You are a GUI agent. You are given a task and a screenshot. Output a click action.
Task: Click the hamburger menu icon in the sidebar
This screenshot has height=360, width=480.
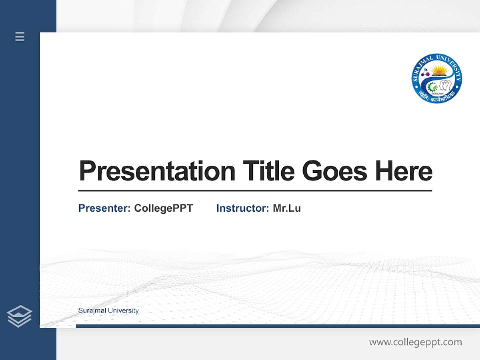coord(20,36)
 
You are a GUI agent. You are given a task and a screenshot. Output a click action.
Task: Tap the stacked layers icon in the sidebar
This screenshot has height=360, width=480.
coord(19,316)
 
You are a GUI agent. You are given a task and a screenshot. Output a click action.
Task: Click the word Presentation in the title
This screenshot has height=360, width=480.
coord(157,171)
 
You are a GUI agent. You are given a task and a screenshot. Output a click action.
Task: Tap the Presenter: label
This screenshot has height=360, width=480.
coord(104,208)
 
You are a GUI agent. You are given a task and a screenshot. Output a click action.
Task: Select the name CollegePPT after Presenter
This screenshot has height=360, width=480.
coord(163,208)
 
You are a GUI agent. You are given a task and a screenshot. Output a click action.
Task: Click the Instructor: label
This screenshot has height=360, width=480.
coord(242,208)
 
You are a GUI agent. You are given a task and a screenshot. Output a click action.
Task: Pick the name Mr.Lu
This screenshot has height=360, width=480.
coord(287,208)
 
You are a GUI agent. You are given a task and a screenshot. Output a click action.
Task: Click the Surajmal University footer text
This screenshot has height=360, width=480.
coord(108,311)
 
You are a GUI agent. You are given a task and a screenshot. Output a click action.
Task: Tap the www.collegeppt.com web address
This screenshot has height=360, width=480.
coord(415,342)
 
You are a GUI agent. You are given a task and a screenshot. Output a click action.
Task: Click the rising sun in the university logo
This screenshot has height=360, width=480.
coord(439,70)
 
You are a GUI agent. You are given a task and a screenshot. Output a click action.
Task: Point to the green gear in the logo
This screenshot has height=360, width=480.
coord(431,87)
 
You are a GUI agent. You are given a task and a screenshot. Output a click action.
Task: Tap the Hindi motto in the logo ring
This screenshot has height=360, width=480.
coord(437,96)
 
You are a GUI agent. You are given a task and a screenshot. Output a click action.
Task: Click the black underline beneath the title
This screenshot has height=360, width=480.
coord(255,191)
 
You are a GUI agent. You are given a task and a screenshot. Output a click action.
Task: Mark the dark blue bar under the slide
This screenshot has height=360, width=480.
coord(277,326)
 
